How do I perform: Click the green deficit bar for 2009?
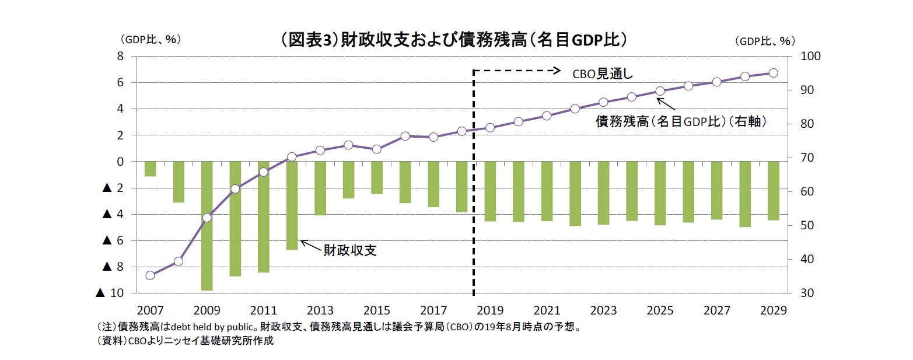(207, 225)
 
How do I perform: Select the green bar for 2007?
(150, 169)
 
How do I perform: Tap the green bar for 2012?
(292, 205)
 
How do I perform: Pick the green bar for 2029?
(773, 191)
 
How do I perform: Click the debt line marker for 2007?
(150, 275)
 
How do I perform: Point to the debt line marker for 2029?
(773, 73)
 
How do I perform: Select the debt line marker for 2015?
(377, 149)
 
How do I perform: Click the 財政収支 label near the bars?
(350, 250)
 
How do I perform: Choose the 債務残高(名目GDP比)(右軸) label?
(680, 123)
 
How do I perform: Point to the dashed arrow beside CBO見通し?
(516, 71)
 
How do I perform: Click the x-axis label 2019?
(490, 310)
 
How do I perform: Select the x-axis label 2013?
(320, 310)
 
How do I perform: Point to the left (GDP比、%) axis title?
(151, 40)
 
